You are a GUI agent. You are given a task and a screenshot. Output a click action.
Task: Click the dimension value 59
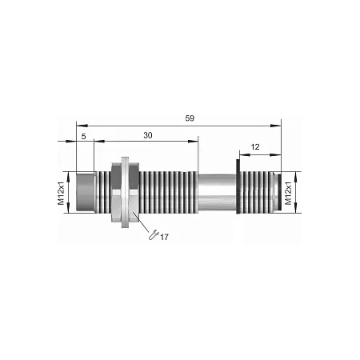[x=190, y=118]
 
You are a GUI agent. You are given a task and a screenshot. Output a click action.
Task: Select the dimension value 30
[x=148, y=135]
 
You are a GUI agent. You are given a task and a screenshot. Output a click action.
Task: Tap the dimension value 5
[x=84, y=137]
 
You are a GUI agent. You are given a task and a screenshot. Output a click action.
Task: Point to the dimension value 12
[x=255, y=147]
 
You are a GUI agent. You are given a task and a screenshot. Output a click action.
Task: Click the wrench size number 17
[x=164, y=237]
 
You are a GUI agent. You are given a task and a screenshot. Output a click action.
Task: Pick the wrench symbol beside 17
[x=154, y=234]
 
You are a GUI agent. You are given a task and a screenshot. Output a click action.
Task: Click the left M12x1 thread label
[x=62, y=194]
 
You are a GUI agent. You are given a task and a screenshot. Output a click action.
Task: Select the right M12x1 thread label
[x=288, y=194]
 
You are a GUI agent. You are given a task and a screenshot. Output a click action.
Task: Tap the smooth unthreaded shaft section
[x=218, y=192]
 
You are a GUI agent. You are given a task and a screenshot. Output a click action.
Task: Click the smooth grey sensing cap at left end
[x=85, y=192]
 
